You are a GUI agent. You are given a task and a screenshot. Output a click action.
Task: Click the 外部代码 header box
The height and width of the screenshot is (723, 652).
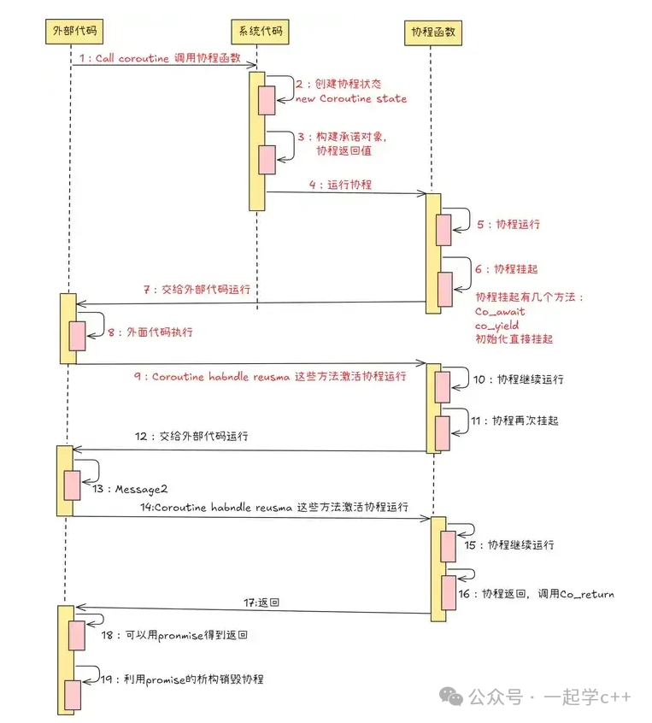point(71,32)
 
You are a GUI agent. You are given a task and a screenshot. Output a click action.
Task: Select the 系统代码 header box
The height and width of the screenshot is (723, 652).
point(256,32)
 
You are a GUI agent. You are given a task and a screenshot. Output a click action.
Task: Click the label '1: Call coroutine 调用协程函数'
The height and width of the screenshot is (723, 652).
point(159,58)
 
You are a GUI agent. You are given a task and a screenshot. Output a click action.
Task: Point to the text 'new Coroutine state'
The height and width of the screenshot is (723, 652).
point(351,99)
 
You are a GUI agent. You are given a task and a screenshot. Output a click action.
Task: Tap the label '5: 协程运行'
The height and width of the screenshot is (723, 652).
point(508,224)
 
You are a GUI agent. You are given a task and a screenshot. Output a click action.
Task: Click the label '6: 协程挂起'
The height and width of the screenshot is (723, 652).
point(507,268)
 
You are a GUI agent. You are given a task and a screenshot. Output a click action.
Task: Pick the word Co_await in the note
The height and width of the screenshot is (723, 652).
point(500,312)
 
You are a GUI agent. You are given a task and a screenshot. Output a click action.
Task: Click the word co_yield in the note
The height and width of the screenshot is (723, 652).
point(497,326)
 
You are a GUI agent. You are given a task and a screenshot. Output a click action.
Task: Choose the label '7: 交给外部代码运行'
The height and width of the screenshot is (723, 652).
point(197,290)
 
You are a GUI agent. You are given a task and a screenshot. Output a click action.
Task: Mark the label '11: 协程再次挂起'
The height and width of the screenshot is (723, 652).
point(514,421)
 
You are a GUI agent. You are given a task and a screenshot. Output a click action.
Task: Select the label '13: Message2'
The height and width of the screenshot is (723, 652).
point(130,489)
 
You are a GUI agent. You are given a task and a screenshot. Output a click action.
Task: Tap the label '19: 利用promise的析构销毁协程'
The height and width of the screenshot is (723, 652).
point(183,679)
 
